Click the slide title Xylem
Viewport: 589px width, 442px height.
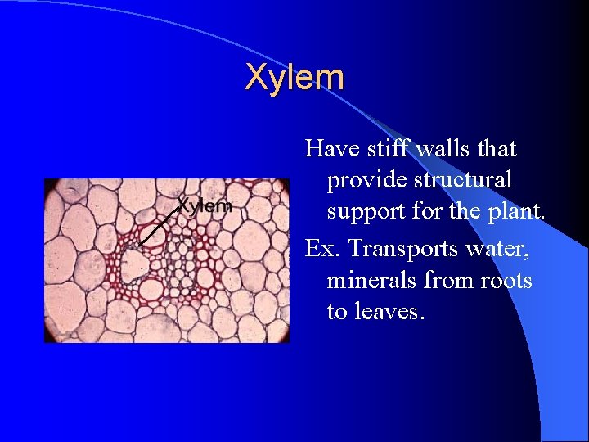pyautogui.click(x=294, y=78)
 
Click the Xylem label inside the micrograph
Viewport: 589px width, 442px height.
pyautogui.click(x=205, y=206)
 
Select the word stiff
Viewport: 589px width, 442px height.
pyautogui.click(x=386, y=149)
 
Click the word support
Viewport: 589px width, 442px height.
pyautogui.click(x=362, y=211)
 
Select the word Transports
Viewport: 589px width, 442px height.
pyautogui.click(x=397, y=250)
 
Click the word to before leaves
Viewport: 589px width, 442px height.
pyautogui.click(x=336, y=312)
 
